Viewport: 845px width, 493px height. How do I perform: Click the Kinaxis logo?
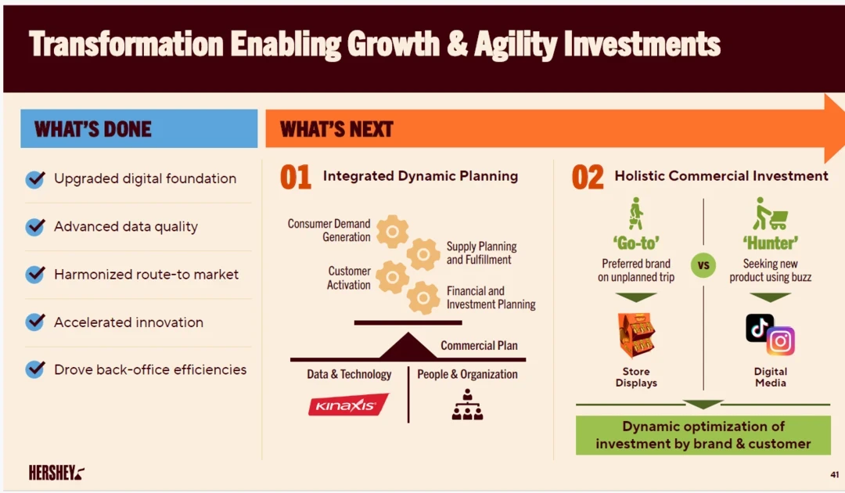(x=348, y=405)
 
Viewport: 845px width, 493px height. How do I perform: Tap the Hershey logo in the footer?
(x=56, y=473)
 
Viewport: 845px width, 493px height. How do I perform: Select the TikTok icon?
(x=759, y=328)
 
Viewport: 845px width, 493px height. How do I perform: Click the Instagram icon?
(x=780, y=341)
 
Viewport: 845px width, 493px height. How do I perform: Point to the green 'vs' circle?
(x=703, y=265)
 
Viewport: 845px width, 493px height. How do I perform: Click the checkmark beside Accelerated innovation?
(x=35, y=322)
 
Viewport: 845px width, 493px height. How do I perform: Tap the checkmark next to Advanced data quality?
(x=35, y=226)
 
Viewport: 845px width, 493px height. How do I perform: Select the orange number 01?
(x=295, y=178)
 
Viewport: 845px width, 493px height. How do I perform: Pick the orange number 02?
(x=588, y=178)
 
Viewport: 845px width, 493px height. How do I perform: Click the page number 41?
(x=834, y=475)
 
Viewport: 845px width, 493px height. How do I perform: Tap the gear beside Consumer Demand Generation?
(x=392, y=232)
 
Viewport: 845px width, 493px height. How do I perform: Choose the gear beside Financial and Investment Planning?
(x=423, y=297)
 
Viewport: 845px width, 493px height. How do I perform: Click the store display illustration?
(x=636, y=336)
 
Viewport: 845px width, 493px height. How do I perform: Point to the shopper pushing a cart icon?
(x=770, y=214)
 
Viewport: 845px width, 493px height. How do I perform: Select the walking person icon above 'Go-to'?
(x=636, y=214)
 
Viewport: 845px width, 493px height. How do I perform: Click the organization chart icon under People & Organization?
(x=467, y=405)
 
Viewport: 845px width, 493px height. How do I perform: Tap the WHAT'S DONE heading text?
(x=92, y=129)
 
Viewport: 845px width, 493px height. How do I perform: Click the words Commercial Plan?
(x=479, y=345)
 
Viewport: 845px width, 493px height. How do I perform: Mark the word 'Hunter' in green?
(x=771, y=243)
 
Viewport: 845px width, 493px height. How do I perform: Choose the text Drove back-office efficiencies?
(x=150, y=369)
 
